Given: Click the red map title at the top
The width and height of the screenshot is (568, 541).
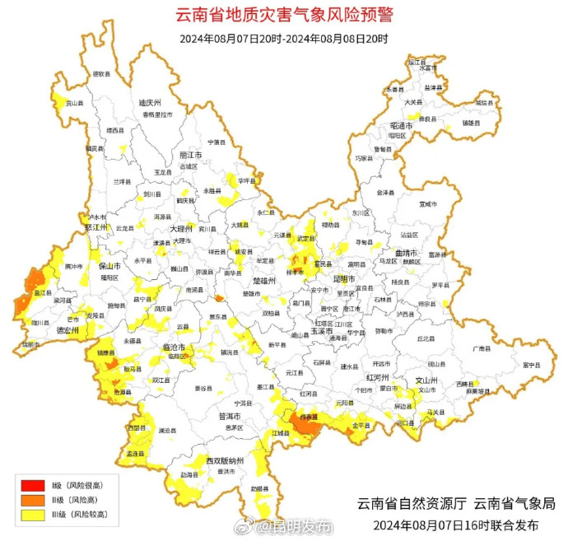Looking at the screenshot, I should [284, 15].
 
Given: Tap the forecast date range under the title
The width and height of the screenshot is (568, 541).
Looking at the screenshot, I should [284, 38].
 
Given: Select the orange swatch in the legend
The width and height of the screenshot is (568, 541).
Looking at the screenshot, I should [32, 500].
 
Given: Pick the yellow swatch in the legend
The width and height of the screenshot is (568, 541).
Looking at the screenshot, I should [32, 515].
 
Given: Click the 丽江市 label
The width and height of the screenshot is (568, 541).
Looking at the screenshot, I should [190, 154].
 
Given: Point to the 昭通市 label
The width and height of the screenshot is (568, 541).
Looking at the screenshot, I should [402, 125].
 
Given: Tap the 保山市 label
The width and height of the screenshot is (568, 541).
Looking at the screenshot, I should [110, 267].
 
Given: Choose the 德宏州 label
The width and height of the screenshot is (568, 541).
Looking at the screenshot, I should [67, 329].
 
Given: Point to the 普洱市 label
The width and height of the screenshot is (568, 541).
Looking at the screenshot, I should [228, 416].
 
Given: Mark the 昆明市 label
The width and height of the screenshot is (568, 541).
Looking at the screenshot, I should [342, 278].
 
